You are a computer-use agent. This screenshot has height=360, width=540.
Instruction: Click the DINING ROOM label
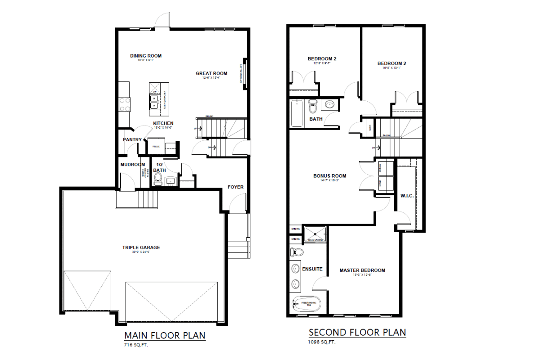(x=146, y=56)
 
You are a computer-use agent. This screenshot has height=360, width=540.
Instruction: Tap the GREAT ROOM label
(x=211, y=73)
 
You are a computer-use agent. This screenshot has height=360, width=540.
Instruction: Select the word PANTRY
(x=132, y=139)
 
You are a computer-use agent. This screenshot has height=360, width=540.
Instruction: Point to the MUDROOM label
(x=133, y=165)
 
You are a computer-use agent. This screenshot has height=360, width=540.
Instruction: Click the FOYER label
(x=235, y=187)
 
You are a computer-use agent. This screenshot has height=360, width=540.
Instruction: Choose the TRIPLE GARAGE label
(x=141, y=247)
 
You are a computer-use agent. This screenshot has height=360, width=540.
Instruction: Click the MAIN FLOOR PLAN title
(x=165, y=335)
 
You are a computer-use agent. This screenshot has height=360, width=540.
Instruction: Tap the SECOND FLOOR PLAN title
(x=357, y=333)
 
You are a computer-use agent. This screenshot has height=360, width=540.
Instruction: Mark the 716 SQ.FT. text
(x=136, y=345)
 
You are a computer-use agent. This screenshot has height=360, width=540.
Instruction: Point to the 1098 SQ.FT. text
(x=322, y=342)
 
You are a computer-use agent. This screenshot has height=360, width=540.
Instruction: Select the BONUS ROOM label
(x=330, y=175)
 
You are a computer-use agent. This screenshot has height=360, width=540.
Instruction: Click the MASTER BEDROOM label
(x=362, y=270)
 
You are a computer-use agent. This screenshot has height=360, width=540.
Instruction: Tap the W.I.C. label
(x=407, y=195)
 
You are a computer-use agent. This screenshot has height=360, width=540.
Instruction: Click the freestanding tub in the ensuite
(x=306, y=304)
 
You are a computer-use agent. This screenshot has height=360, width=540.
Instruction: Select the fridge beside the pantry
(x=156, y=147)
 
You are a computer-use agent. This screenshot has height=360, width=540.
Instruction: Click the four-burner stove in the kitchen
(x=125, y=104)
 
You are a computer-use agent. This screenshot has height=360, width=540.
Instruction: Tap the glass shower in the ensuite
(x=315, y=234)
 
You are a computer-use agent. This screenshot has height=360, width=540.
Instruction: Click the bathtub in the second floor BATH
(x=297, y=114)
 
